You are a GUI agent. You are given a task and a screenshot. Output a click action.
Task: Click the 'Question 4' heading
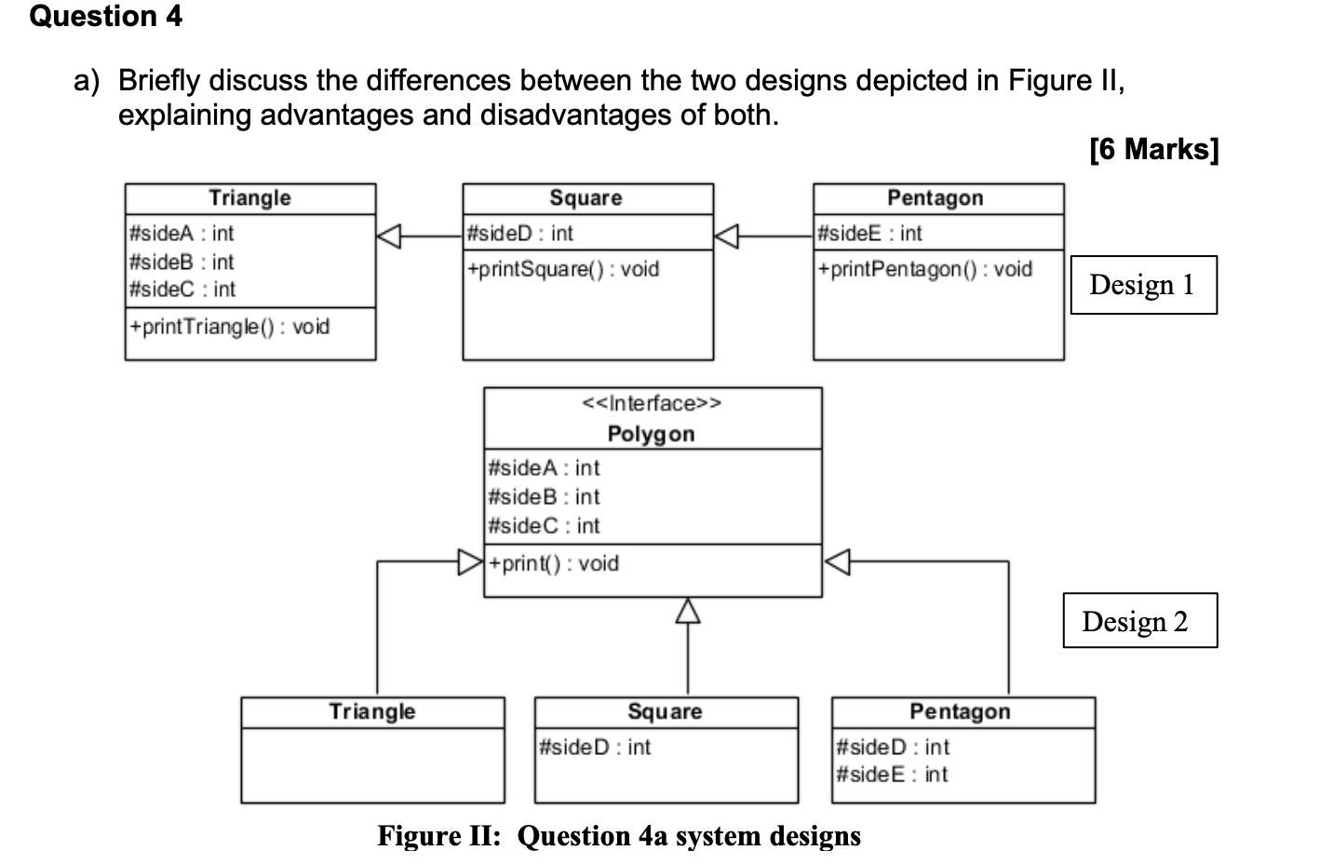pyautogui.click(x=105, y=17)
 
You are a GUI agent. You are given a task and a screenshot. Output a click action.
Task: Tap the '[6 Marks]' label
pyautogui.click(x=1153, y=149)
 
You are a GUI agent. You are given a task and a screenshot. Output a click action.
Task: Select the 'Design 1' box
pyautogui.click(x=1142, y=285)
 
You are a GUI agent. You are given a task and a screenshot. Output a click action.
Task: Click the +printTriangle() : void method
pyautogui.click(x=230, y=327)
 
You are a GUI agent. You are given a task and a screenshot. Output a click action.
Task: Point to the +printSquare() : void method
pyautogui.click(x=563, y=269)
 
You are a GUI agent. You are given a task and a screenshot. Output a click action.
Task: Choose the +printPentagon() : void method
pyautogui.click(x=925, y=269)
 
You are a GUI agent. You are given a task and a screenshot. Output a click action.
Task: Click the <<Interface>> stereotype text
pyautogui.click(x=652, y=403)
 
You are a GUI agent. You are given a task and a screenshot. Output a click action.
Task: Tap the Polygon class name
pyautogui.click(x=651, y=434)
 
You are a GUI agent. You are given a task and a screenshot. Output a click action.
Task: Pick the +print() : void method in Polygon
pyautogui.click(x=554, y=563)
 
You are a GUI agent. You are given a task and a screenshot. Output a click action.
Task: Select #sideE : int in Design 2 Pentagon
pyautogui.click(x=892, y=775)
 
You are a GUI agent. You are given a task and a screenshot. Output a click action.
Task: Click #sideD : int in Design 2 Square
pyautogui.click(x=595, y=747)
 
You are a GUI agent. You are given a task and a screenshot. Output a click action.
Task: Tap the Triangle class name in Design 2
pyautogui.click(x=372, y=711)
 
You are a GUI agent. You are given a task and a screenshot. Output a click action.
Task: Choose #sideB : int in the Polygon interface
pyautogui.click(x=544, y=496)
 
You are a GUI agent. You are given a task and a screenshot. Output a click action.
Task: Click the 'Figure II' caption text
pyautogui.click(x=619, y=836)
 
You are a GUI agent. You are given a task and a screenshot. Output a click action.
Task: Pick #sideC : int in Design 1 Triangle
pyautogui.click(x=182, y=290)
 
